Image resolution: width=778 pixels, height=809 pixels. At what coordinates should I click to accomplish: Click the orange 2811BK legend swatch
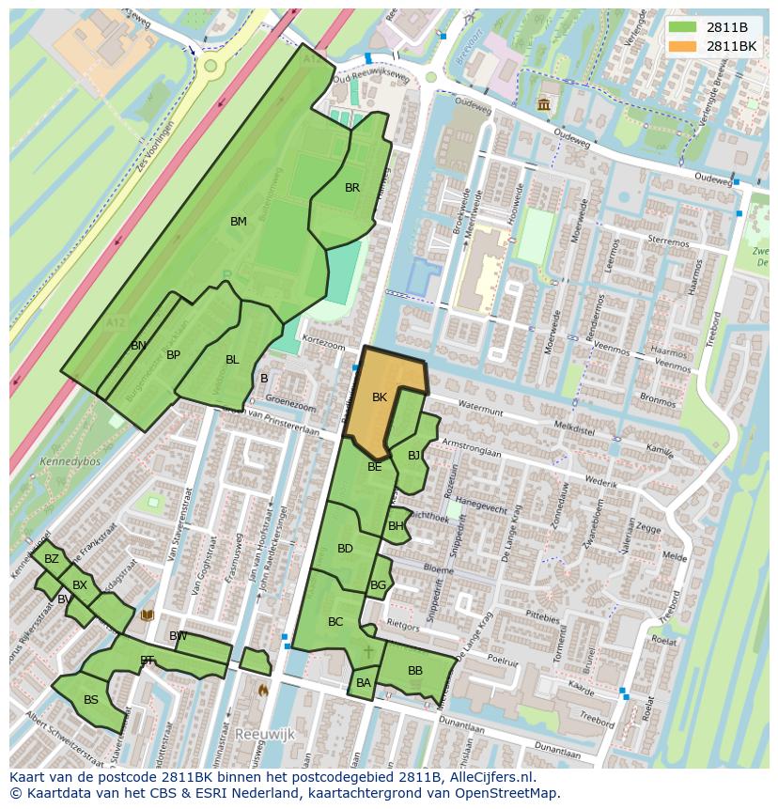click(x=682, y=46)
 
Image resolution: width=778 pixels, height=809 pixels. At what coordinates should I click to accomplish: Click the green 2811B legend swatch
click(x=682, y=27)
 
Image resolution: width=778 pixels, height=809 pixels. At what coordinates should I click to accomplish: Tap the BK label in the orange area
click(x=380, y=397)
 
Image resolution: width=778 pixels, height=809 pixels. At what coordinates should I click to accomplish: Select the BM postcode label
click(x=239, y=222)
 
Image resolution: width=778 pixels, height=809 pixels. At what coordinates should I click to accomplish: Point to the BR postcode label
click(x=352, y=188)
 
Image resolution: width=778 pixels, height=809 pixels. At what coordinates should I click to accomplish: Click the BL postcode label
click(x=232, y=359)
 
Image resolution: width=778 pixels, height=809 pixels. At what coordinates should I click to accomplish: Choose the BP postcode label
click(x=173, y=355)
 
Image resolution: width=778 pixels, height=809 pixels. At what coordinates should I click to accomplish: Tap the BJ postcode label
click(x=414, y=456)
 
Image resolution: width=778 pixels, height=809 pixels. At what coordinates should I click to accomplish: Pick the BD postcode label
click(x=345, y=549)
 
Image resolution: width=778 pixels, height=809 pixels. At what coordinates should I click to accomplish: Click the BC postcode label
click(x=335, y=622)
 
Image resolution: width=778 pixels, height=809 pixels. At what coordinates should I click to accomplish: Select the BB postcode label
click(x=414, y=671)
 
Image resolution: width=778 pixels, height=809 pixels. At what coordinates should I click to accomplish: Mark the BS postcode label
click(x=91, y=700)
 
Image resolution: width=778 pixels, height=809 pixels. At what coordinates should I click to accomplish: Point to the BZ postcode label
click(x=51, y=559)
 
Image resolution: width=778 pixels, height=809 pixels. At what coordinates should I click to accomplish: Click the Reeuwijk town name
click(x=265, y=733)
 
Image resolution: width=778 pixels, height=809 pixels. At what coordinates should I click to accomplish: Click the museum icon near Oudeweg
click(x=544, y=103)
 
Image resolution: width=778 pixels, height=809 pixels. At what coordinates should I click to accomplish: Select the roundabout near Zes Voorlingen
click(x=210, y=65)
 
